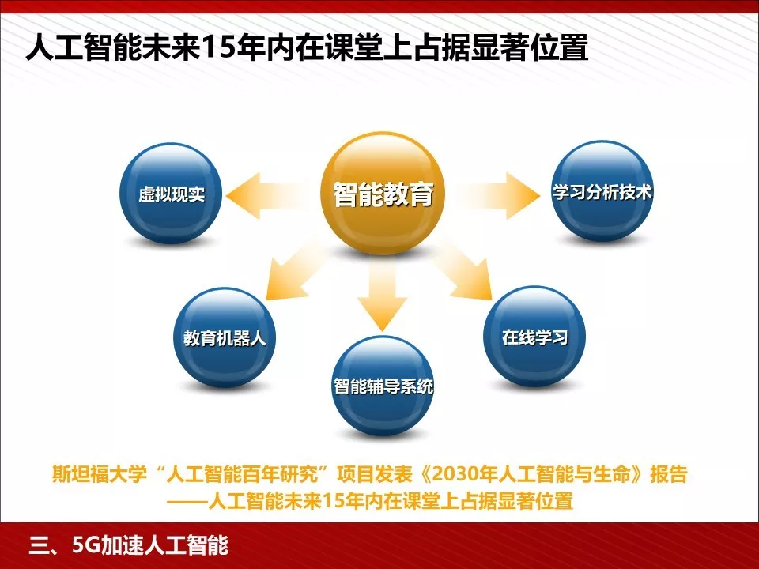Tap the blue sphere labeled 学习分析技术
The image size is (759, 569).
[x=602, y=193]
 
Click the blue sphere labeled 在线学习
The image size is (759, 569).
[x=534, y=338]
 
